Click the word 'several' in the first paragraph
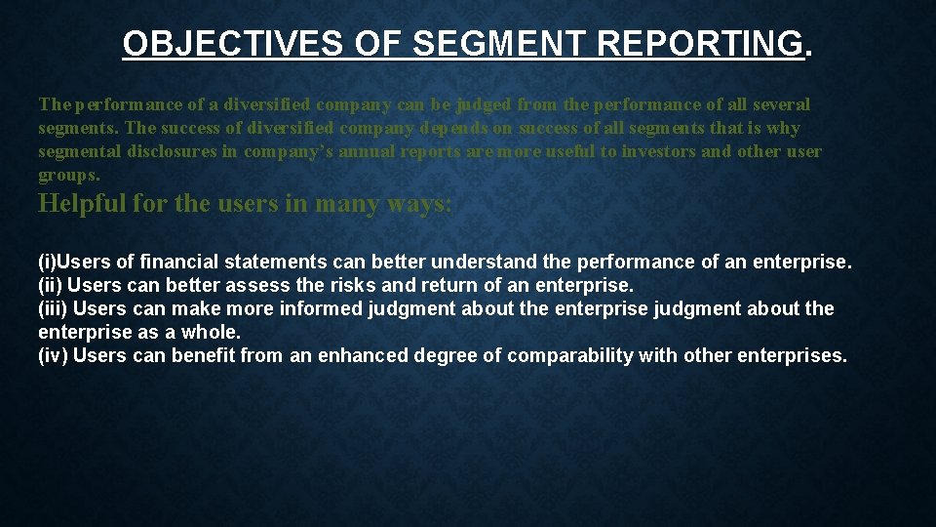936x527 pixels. click(780, 104)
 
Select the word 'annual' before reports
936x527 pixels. click(370, 152)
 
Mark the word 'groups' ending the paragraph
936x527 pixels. click(66, 176)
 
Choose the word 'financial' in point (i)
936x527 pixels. click(181, 262)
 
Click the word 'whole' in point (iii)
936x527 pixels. click(209, 332)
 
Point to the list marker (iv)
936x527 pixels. click(52, 355)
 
